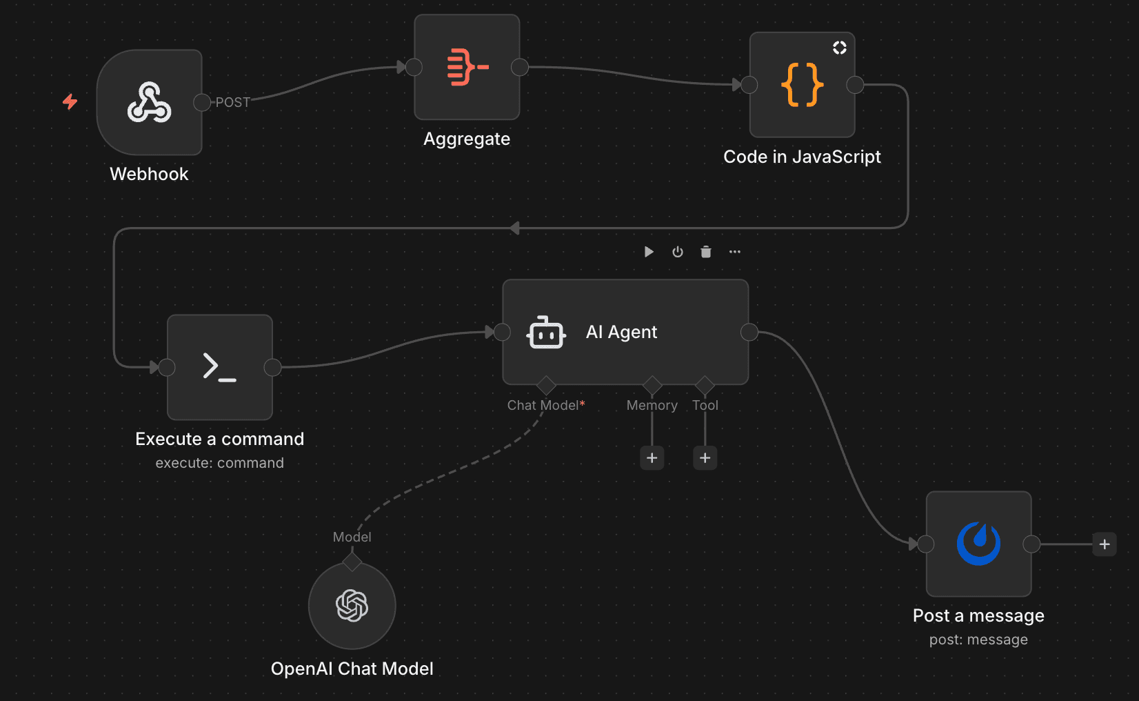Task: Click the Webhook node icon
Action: coord(149,102)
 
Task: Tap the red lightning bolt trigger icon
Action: coord(70,102)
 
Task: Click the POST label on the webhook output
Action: coord(232,102)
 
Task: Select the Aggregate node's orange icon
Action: coord(467,67)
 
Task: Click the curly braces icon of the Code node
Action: coord(802,85)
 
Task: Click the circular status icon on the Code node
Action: coord(839,48)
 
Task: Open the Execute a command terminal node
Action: coord(219,367)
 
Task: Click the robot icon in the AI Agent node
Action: coord(546,333)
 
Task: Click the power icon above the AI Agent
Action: coord(677,252)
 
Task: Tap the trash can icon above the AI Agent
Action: coord(705,252)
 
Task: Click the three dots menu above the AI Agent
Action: coord(734,252)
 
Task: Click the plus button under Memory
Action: coord(652,457)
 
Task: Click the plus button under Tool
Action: coord(705,457)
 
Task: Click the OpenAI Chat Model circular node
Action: coord(352,606)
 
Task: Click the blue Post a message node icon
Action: coord(978,544)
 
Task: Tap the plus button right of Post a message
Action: coord(1104,544)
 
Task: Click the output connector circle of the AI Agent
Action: coord(749,333)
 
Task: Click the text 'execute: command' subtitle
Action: coord(219,463)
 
